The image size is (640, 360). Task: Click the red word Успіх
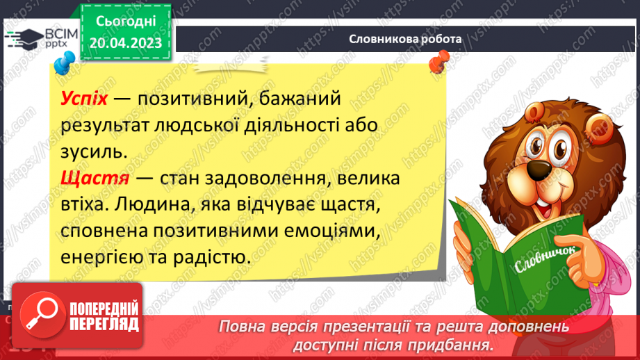pyautogui.click(x=84, y=99)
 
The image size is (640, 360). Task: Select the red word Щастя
pyautogui.click(x=95, y=179)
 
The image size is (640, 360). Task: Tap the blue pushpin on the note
pyautogui.click(x=65, y=63)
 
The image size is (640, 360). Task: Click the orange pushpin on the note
pyautogui.click(x=439, y=62)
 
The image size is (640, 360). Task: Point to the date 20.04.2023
pyautogui.click(x=126, y=43)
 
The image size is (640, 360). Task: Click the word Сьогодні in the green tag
pyautogui.click(x=126, y=22)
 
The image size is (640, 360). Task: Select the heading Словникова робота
pyautogui.click(x=405, y=39)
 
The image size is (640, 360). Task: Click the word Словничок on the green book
pyautogui.click(x=545, y=259)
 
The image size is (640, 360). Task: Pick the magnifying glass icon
pyautogui.click(x=42, y=315)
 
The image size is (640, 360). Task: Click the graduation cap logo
pyautogui.click(x=24, y=39)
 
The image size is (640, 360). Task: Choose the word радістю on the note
pyautogui.click(x=212, y=258)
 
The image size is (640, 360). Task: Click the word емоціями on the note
pyautogui.click(x=332, y=231)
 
